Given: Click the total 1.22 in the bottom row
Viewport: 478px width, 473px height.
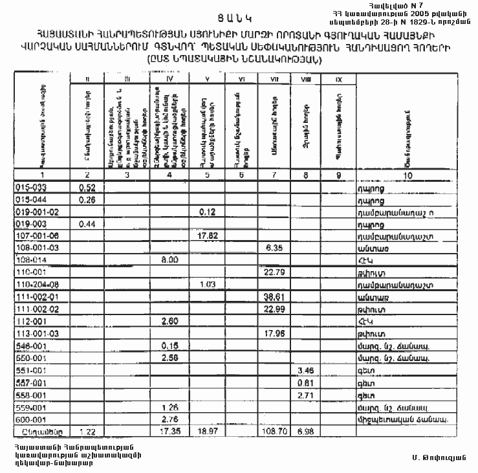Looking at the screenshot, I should (x=86, y=430).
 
